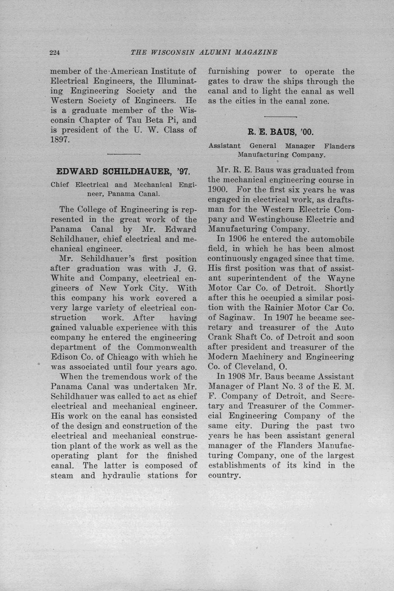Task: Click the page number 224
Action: click(55, 53)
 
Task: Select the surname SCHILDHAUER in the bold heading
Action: click(138, 171)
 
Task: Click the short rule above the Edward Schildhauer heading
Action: click(124, 154)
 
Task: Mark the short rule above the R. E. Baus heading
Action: click(281, 117)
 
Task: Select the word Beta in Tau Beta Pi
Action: click(153, 120)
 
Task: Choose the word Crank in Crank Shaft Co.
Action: click(220, 337)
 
